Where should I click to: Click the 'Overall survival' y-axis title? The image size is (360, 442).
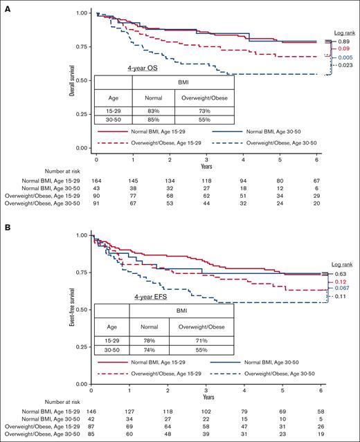pos(73,82)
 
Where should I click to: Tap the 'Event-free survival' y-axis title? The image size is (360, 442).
pos(73,309)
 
